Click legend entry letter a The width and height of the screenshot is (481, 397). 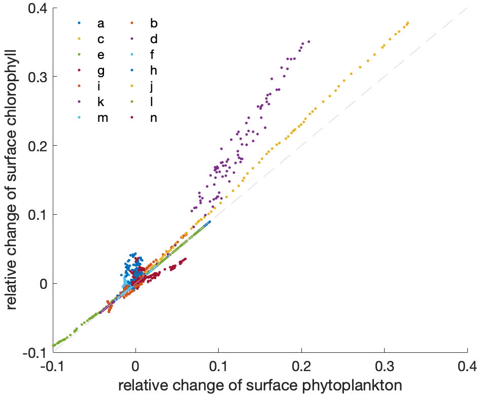101,23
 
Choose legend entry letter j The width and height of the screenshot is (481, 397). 153,86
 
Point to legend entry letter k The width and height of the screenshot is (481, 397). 101,102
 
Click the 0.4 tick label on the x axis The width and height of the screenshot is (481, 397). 466,367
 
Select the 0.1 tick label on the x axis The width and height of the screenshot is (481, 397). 218,367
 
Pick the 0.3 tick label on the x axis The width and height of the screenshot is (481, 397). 384,367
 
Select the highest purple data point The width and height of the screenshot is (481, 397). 308,42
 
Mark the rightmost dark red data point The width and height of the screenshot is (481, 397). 185,259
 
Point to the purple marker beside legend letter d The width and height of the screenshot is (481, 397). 132,39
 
